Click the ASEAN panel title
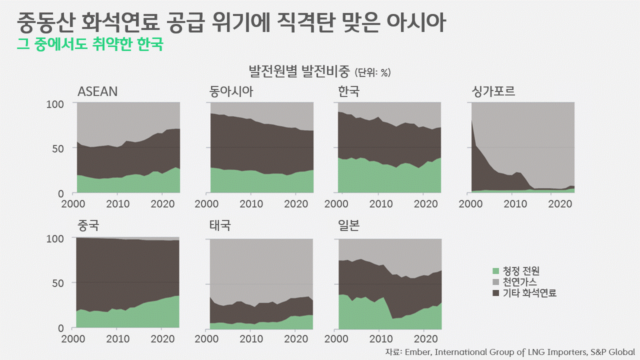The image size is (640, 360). [x=97, y=91]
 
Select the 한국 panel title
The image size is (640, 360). [x=348, y=91]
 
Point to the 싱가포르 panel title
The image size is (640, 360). [x=493, y=91]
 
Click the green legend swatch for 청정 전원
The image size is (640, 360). [x=496, y=271]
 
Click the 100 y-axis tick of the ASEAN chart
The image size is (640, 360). [x=55, y=104]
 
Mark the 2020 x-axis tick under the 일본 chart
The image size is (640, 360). [x=424, y=338]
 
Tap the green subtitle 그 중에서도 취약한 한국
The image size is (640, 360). [x=90, y=44]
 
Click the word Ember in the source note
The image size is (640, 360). [x=417, y=352]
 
